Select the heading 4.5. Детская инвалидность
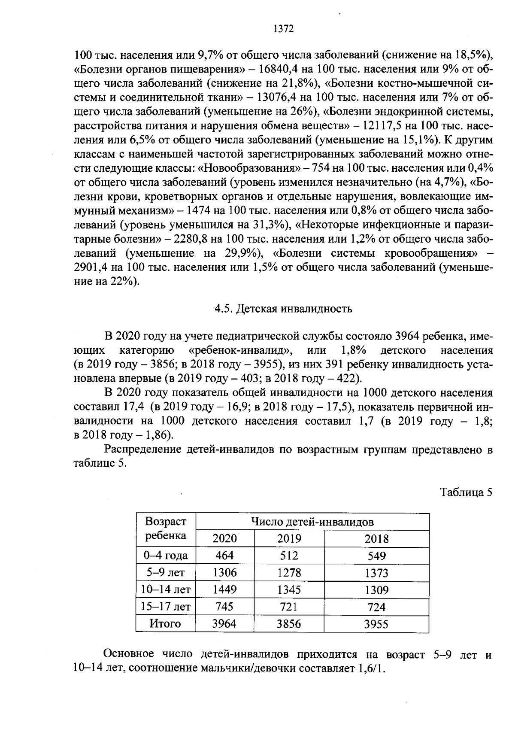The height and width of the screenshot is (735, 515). (283, 309)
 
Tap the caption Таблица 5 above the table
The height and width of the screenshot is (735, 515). (466, 492)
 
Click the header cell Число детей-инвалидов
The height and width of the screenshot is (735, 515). (312, 522)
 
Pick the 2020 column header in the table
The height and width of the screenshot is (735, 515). (225, 539)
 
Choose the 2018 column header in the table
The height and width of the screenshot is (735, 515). (376, 539)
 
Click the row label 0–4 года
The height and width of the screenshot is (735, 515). (166, 556)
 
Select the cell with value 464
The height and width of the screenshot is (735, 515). (224, 556)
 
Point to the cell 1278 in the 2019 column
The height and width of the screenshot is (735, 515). (289, 573)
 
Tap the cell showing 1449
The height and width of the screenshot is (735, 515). (224, 589)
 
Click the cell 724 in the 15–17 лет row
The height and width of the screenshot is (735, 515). (376, 607)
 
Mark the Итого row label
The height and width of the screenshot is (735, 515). (165, 623)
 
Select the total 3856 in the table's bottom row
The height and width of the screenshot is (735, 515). (289, 624)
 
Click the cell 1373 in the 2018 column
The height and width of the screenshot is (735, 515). (376, 573)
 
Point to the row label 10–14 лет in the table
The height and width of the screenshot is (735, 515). (166, 590)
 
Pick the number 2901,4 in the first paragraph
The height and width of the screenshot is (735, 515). (91, 267)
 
